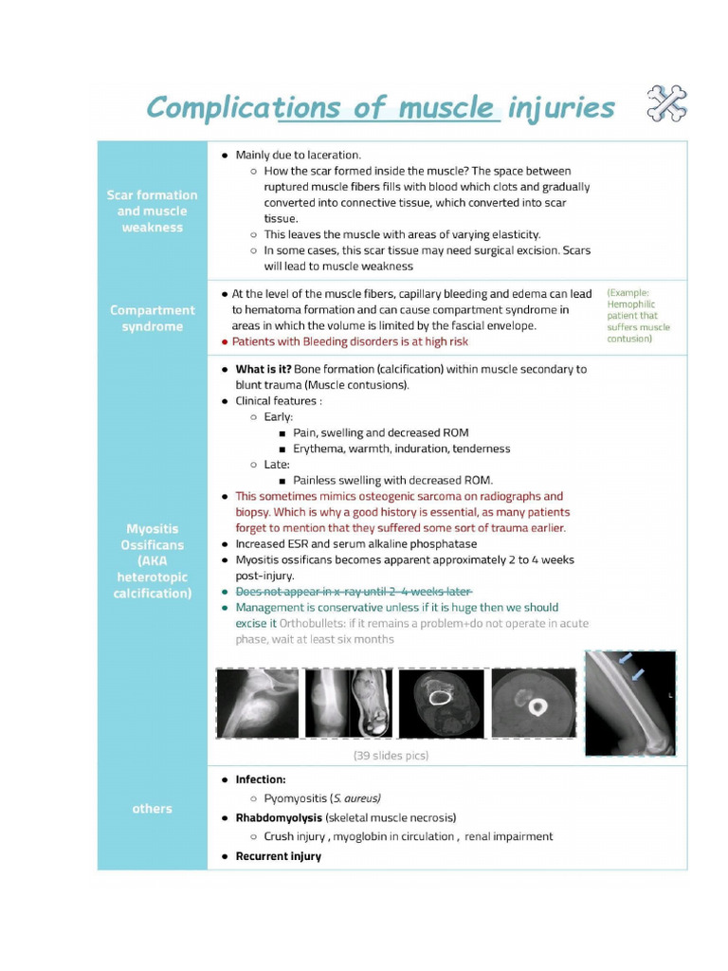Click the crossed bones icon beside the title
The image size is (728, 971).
666,104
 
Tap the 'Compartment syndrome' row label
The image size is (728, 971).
152,318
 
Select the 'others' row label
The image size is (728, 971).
152,809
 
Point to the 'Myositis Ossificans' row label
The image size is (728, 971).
152,560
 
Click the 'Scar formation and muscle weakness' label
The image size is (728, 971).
152,211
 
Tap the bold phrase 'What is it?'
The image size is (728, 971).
263,369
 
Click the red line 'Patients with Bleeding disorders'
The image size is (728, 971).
350,341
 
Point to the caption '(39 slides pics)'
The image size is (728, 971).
391,756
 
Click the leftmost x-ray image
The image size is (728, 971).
257,703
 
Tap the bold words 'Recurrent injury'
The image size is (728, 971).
278,856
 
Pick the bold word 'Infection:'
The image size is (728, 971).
260,779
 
